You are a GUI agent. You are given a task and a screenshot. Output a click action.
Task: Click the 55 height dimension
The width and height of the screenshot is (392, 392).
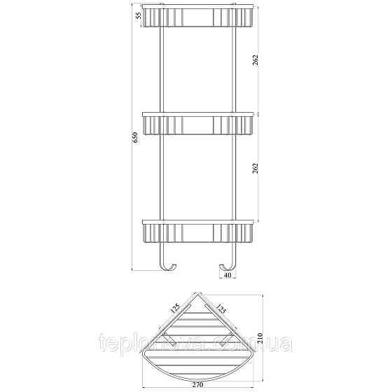tap(138, 15)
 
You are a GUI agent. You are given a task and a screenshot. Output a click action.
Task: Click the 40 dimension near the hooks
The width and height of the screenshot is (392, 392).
tap(228, 276)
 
